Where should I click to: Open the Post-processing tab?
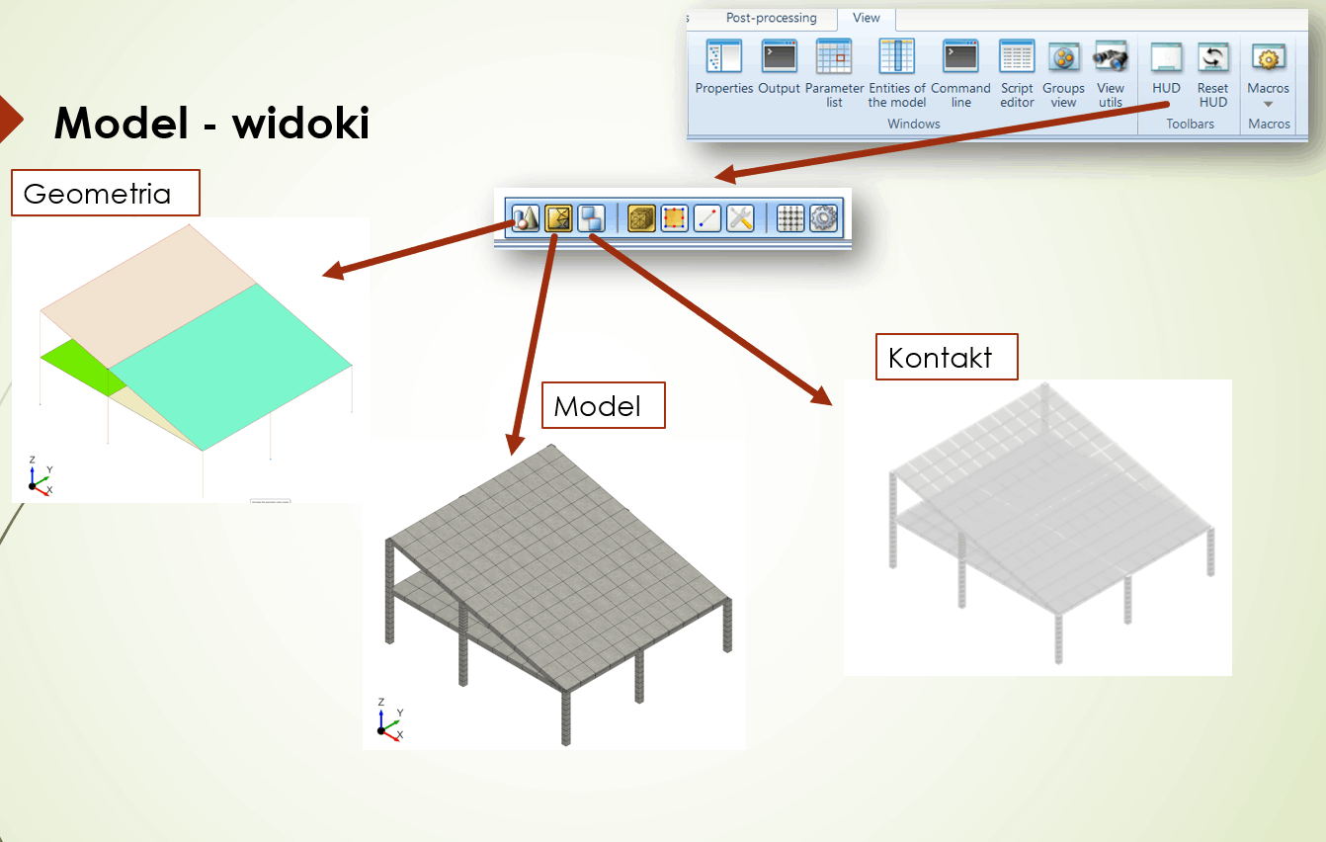(771, 18)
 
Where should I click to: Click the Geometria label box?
(105, 193)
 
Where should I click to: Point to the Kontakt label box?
(946, 357)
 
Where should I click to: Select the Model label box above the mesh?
(603, 406)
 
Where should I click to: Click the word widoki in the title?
(300, 124)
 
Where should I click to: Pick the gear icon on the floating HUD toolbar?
(823, 217)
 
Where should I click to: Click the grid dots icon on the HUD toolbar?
(790, 217)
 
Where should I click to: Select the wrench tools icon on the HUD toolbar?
(740, 217)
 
